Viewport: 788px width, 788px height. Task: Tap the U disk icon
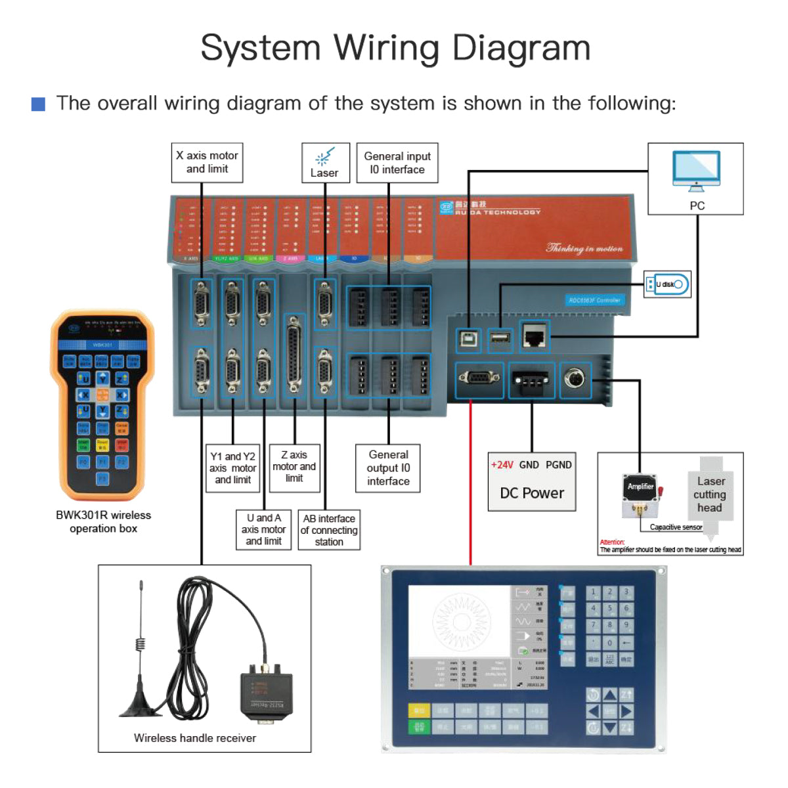tap(667, 284)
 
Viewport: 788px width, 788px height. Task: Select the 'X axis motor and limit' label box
tap(207, 162)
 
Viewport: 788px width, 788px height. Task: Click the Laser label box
tap(324, 162)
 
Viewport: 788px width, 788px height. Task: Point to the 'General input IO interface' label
tap(397, 163)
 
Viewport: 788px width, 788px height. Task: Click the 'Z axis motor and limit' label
tap(294, 466)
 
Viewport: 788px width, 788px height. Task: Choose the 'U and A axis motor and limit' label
tap(263, 529)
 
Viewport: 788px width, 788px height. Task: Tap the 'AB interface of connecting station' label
tap(329, 530)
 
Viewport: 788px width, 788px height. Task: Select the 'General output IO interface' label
tap(388, 468)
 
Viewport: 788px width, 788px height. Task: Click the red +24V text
tap(502, 465)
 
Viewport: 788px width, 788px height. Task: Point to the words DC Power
tap(532, 493)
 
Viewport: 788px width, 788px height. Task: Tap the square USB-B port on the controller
tap(468, 339)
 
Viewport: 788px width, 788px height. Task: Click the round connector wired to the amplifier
tap(575, 379)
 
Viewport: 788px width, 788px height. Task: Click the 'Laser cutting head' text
tap(710, 494)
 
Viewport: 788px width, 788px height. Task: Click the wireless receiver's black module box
tap(266, 693)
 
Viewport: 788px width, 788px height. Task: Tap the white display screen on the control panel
tap(458, 621)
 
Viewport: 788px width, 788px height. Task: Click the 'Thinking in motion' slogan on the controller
tap(584, 248)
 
